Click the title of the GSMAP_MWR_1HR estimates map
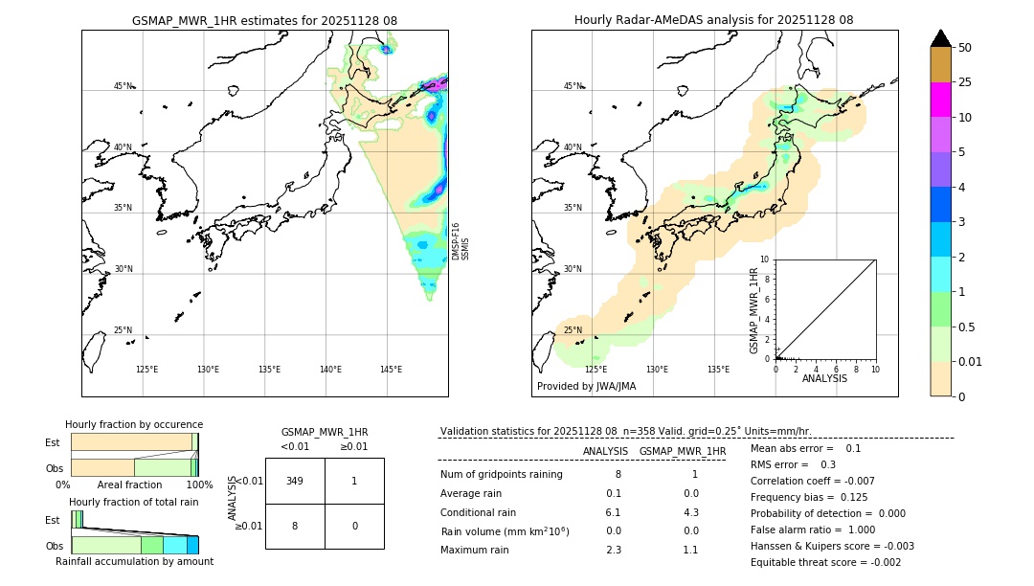coord(264,20)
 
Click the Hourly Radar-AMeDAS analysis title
coord(713,20)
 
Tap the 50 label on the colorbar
coord(965,48)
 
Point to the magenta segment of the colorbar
coord(940,100)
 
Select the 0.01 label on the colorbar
coord(971,362)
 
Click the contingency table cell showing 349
coord(295,481)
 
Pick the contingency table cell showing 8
coord(295,526)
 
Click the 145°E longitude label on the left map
coord(391,370)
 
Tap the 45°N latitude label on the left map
coord(124,86)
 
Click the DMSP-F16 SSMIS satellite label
coord(460,241)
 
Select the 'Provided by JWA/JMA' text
coord(586,387)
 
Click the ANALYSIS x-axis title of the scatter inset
coord(824,378)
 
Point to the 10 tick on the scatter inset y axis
coord(764,259)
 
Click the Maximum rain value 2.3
coord(614,550)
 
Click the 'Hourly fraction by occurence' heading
coord(134,424)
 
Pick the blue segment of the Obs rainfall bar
coord(192,545)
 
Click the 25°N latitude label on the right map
coord(573,330)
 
